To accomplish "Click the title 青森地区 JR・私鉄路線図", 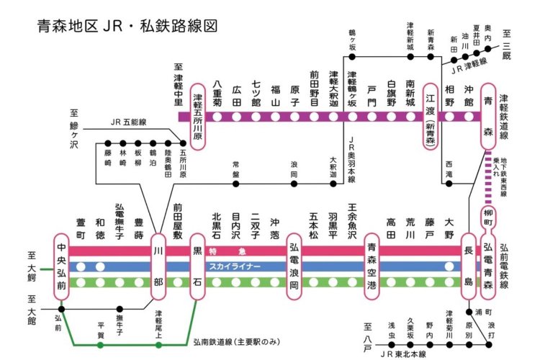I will [x=127, y=26].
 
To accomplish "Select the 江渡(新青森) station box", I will [x=431, y=115].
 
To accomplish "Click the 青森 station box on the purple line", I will [x=488, y=115].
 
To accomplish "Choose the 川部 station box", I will [x=158, y=266].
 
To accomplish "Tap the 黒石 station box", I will [x=197, y=266].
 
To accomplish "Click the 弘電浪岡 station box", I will [x=294, y=266].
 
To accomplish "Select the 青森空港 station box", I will [x=372, y=266].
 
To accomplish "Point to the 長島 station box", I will [x=469, y=266].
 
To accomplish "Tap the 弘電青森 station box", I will [x=488, y=266].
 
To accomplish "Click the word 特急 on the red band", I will [x=217, y=252].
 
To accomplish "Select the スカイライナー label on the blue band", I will [x=235, y=266].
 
